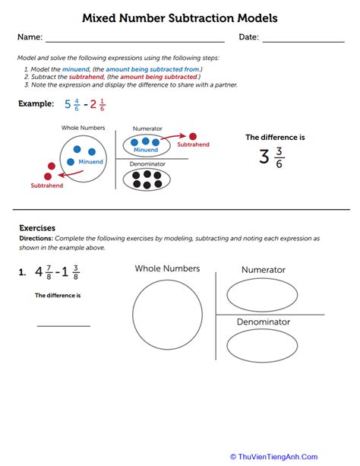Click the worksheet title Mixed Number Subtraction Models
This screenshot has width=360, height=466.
click(180, 16)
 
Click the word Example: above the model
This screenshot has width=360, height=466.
click(36, 103)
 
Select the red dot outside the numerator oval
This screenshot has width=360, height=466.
click(192, 135)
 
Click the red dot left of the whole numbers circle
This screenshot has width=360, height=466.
click(51, 166)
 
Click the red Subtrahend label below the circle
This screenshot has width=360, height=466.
click(48, 185)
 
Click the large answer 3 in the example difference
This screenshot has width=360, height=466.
click(264, 157)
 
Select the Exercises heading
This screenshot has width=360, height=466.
click(37, 227)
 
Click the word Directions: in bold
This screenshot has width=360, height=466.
click(37, 238)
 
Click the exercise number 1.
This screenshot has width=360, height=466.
click(23, 271)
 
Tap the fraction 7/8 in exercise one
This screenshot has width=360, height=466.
click(48, 271)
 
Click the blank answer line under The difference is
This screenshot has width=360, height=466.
click(63, 325)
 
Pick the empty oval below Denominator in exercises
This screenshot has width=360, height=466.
click(262, 346)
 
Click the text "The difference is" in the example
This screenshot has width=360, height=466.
click(274, 137)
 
